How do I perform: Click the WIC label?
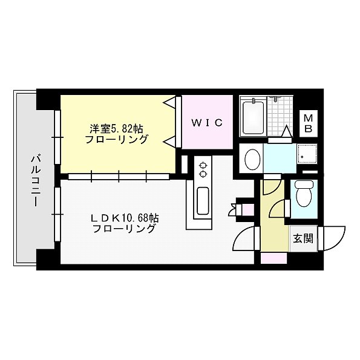pyautogui.click(x=208, y=123)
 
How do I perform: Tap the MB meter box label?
pyautogui.click(x=308, y=123)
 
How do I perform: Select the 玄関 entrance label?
pyautogui.click(x=303, y=238)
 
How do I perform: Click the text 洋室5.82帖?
pyautogui.click(x=117, y=128)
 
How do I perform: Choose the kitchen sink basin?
pyautogui.click(x=203, y=200)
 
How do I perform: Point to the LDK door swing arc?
pyautogui.click(x=244, y=240)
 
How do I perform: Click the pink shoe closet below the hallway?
pyautogui.click(x=273, y=258)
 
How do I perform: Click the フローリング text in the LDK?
pyautogui.click(x=124, y=229)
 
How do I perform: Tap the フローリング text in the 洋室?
pyautogui.click(x=117, y=140)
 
